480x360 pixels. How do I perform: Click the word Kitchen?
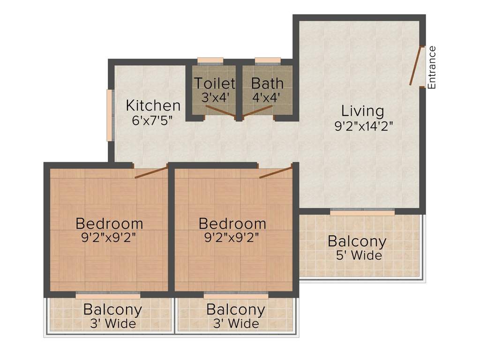pos(153,106)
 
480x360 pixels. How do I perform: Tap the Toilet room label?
pos(214,83)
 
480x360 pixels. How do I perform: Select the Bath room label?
pos(267,83)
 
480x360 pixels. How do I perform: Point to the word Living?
pos(362,112)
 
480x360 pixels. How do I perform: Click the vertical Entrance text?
pos(432,67)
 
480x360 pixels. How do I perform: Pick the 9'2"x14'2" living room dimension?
pos(362,126)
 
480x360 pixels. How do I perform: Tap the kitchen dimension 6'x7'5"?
pos(153,120)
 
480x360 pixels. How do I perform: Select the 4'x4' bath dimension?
pos(266,97)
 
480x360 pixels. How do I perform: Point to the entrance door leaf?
pos(416,66)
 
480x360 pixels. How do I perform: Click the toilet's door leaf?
pos(220,111)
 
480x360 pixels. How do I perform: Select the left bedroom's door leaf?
pos(151,172)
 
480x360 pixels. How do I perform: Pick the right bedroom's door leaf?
pos(276,171)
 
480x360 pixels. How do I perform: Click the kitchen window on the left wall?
pos(109,115)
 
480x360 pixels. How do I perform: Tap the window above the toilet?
pos(210,60)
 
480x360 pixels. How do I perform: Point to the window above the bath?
pos(268,60)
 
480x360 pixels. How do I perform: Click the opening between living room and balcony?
pos(362,212)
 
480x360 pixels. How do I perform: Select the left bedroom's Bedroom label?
pos(109,223)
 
